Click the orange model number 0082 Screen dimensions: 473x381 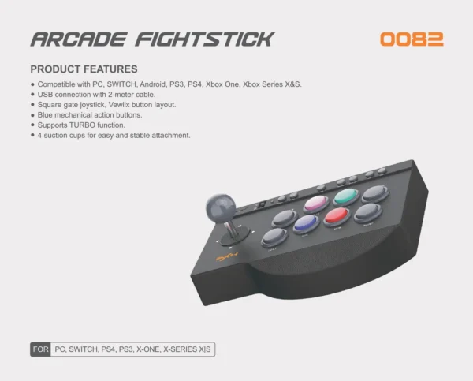pyautogui.click(x=412, y=39)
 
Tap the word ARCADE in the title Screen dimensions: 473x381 pyautogui.click(x=79, y=39)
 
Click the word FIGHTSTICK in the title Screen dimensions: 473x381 pyautogui.click(x=205, y=39)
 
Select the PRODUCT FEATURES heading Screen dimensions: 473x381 pyautogui.click(x=84, y=69)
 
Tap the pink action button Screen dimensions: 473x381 pyautogui.click(x=316, y=204)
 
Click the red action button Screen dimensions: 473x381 pyautogui.click(x=337, y=215)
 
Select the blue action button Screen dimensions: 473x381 pyautogui.click(x=306, y=224)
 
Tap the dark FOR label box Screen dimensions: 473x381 pyautogui.click(x=40, y=349)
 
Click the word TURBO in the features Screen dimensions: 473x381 pyautogui.click(x=82, y=125)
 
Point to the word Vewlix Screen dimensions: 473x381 pyautogui.click(x=119, y=105)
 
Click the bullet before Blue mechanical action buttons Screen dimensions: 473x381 pyautogui.click(x=32, y=114)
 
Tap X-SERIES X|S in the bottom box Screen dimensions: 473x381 pyautogui.click(x=187, y=349)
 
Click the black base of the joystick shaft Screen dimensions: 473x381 pyautogui.click(x=234, y=237)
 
